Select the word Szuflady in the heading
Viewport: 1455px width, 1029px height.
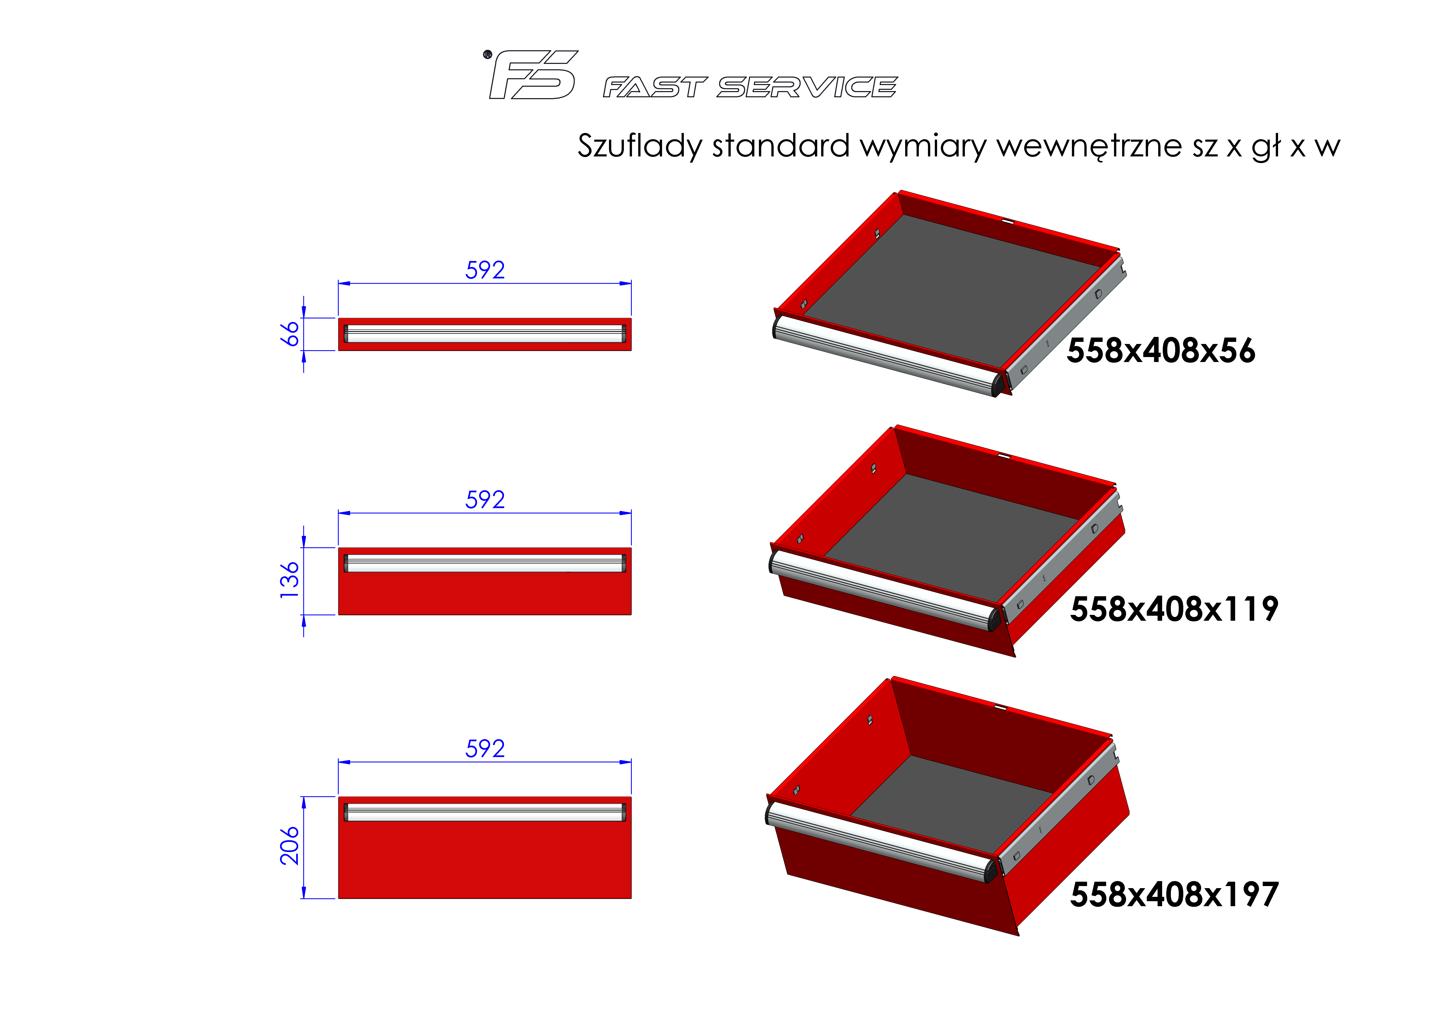click(x=640, y=146)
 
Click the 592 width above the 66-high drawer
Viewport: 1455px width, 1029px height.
click(x=485, y=270)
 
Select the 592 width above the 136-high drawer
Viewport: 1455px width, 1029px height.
click(x=485, y=500)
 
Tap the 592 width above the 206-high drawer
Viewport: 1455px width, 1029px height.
click(x=485, y=749)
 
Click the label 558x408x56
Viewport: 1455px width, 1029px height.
click(x=1160, y=351)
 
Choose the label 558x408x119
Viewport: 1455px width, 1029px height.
click(x=1174, y=609)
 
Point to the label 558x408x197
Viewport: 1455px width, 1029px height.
click(x=1174, y=895)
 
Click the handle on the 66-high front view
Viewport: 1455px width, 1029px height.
click(x=485, y=333)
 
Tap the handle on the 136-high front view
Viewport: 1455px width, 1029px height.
click(x=485, y=563)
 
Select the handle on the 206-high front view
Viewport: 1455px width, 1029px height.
click(x=485, y=812)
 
